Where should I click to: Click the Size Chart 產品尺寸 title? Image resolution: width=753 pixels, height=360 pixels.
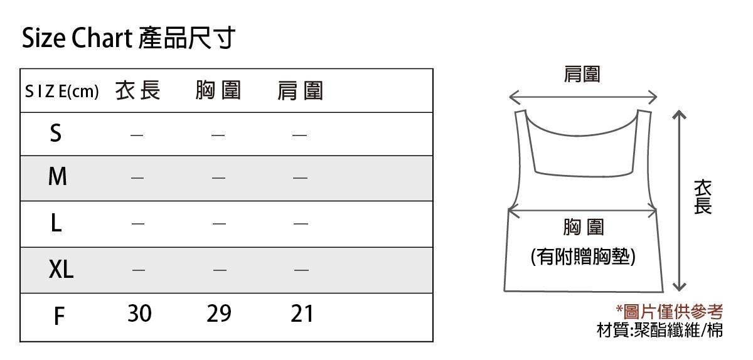click(x=128, y=38)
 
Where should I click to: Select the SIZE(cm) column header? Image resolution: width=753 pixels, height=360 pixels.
click(x=62, y=92)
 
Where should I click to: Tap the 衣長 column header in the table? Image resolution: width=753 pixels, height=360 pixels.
click(x=138, y=90)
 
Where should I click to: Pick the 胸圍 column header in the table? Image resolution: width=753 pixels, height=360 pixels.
click(x=218, y=90)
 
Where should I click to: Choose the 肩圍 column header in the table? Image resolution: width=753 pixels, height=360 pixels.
click(x=300, y=91)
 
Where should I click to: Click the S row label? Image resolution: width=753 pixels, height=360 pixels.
click(x=56, y=133)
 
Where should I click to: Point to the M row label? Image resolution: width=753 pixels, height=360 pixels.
click(x=58, y=176)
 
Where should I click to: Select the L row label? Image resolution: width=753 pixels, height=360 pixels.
click(x=56, y=223)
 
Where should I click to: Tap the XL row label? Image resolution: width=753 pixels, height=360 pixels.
click(x=61, y=269)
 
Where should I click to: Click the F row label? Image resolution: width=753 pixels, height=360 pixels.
click(x=59, y=316)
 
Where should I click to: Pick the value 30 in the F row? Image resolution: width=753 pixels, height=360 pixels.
click(x=139, y=314)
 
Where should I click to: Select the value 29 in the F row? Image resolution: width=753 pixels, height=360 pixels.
click(x=219, y=314)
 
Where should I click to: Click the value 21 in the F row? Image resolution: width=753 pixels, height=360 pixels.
click(x=302, y=314)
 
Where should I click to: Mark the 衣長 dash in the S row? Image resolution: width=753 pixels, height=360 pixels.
click(x=137, y=135)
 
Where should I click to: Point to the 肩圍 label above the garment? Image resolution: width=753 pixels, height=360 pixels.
click(x=582, y=74)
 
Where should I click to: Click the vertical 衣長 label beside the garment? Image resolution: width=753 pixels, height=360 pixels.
click(x=703, y=197)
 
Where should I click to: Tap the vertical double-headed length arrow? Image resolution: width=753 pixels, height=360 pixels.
click(x=680, y=201)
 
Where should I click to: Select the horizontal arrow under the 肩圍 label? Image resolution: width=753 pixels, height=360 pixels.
click(x=583, y=97)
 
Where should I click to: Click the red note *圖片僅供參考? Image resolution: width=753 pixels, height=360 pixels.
click(x=670, y=312)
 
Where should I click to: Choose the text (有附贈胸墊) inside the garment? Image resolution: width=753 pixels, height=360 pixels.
click(x=583, y=257)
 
